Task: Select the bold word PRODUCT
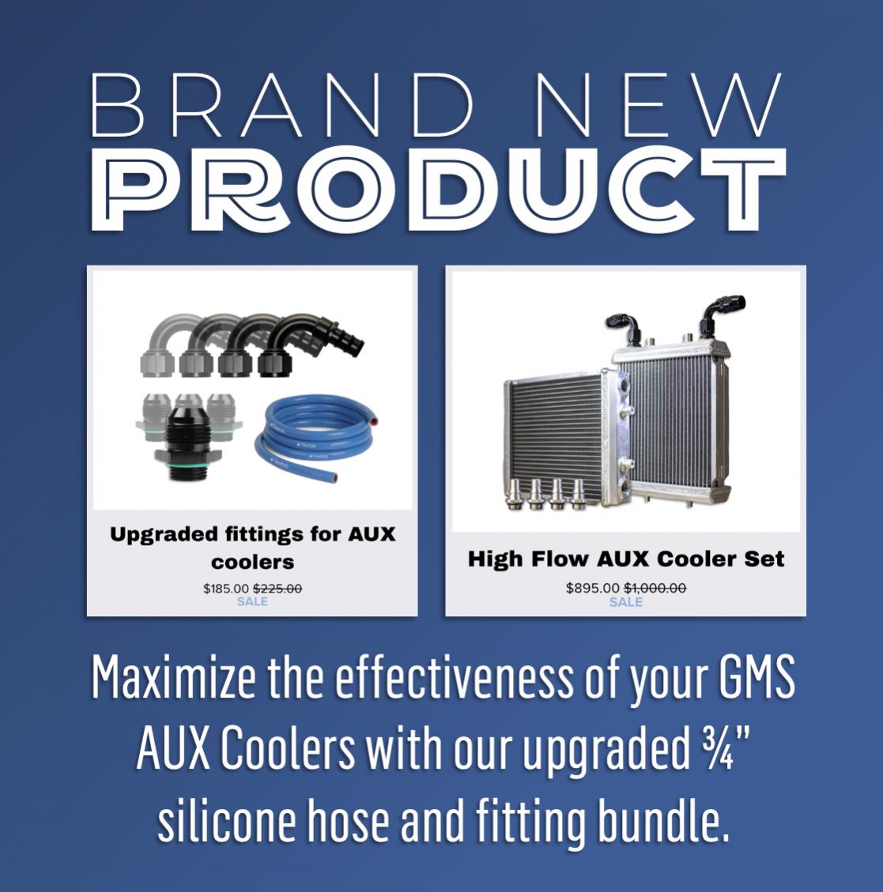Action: click(440, 190)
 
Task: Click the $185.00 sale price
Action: click(226, 589)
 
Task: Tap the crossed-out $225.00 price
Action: click(277, 589)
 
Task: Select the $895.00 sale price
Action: click(592, 588)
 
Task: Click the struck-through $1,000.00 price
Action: click(655, 588)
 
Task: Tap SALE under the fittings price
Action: click(252, 601)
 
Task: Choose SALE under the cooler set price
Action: click(625, 602)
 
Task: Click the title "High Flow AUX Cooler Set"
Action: click(625, 559)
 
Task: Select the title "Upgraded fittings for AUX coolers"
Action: click(252, 548)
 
